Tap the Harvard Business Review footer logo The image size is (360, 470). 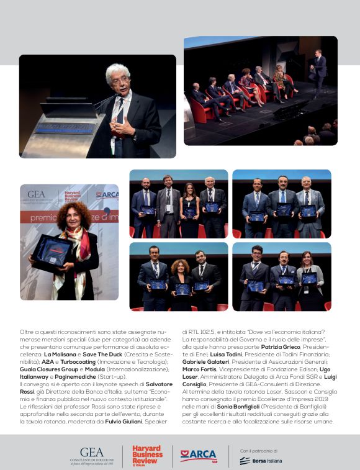(x=147, y=455)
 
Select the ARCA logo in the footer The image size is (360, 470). (x=199, y=455)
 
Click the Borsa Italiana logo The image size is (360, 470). (x=261, y=461)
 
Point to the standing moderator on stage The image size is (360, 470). (x=318, y=73)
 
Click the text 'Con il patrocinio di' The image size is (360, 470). (x=258, y=450)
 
